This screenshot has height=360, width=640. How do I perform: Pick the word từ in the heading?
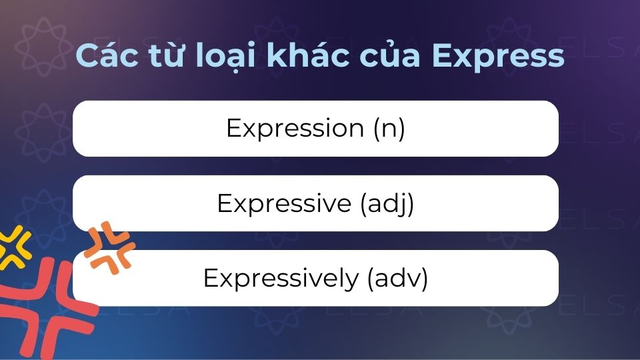click(x=163, y=57)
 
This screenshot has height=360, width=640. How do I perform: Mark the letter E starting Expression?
click(x=233, y=129)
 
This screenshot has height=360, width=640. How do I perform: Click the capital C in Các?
click(x=85, y=57)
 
